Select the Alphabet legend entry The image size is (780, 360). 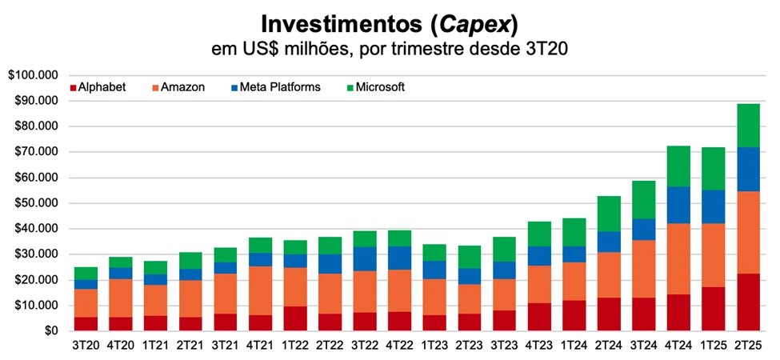point(98,87)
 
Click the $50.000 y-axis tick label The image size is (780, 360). point(37,203)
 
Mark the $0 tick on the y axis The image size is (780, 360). point(50,330)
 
